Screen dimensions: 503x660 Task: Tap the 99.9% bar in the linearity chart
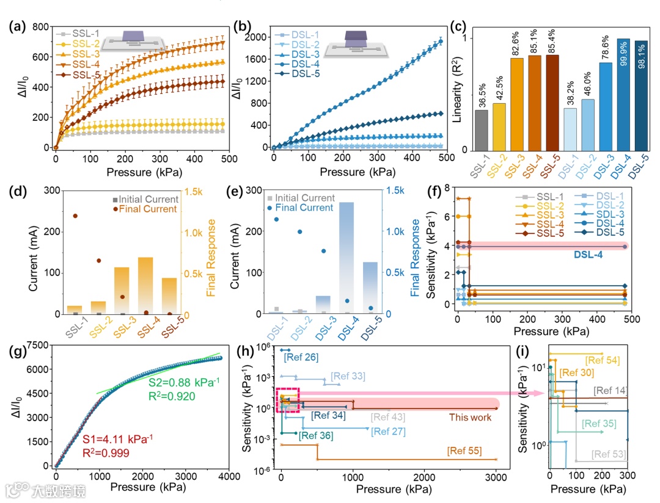623,94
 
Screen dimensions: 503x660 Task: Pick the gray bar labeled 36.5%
482,129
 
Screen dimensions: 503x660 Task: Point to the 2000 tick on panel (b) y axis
256,37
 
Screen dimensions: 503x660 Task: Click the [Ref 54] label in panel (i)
602,361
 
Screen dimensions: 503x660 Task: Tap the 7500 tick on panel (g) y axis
35,345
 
